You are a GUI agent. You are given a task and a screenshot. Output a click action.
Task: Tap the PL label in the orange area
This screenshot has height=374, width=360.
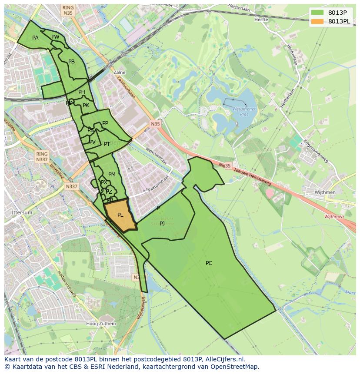[120, 215]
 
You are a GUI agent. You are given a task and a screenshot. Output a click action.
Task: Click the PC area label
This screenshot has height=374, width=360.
[209, 263]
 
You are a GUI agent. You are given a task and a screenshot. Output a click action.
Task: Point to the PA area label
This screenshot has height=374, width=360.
[35, 38]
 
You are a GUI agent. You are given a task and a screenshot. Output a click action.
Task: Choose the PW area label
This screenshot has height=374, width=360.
[55, 37]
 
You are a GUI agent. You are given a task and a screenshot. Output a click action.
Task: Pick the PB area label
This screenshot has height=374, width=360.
[72, 62]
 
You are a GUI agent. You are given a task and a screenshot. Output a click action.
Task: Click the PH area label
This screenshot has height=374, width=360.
[82, 92]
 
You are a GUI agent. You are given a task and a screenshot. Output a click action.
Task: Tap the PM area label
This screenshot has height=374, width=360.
[112, 175]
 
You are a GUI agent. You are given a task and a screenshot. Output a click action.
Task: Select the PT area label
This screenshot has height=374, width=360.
[107, 144]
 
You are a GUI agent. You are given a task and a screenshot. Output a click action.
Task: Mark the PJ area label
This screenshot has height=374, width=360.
[162, 224]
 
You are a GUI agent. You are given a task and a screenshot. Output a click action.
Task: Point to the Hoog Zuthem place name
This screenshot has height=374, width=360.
[101, 324]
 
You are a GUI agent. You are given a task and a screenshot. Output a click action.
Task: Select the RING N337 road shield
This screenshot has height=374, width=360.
[42, 157]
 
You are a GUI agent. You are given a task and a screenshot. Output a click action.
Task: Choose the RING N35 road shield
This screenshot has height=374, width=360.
[68, 10]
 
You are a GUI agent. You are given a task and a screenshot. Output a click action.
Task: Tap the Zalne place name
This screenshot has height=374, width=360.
[119, 73]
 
